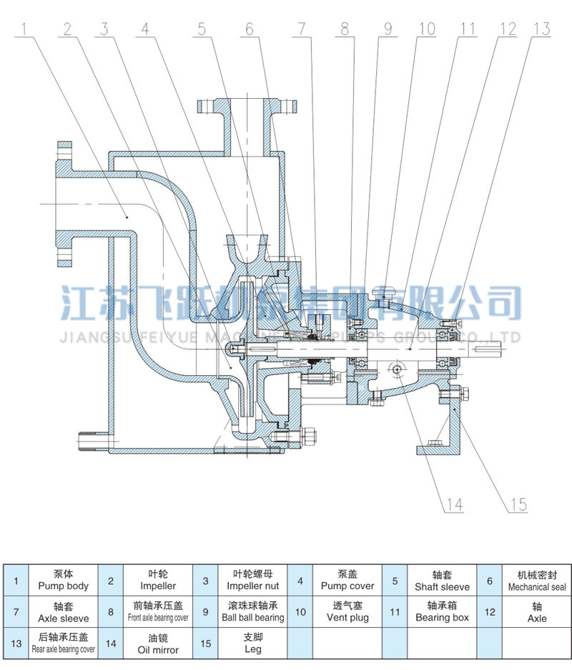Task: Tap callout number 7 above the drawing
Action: click(x=301, y=29)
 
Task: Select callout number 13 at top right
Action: click(x=541, y=29)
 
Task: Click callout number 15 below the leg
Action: click(x=518, y=505)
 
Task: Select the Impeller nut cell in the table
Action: click(x=240, y=580)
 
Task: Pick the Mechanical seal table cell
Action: click(x=537, y=580)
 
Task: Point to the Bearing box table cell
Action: click(x=442, y=611)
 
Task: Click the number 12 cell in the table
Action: click(x=490, y=611)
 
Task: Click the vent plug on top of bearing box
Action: click(x=384, y=292)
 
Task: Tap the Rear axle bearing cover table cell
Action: click(x=63, y=643)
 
